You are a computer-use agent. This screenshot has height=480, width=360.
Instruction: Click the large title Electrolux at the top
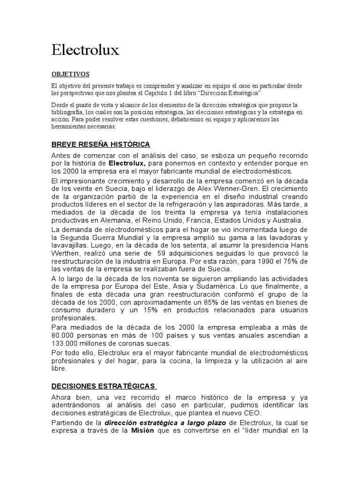tap(85, 50)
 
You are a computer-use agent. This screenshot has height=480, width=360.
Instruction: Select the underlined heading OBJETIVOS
tap(70, 75)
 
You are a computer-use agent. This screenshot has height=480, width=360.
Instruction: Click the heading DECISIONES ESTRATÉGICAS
tap(103, 386)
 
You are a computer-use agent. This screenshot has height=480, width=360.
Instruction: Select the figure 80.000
tap(63, 335)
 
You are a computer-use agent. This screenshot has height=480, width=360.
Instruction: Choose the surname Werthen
tap(67, 253)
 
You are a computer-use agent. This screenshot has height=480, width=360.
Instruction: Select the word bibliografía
tap(68, 112)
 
